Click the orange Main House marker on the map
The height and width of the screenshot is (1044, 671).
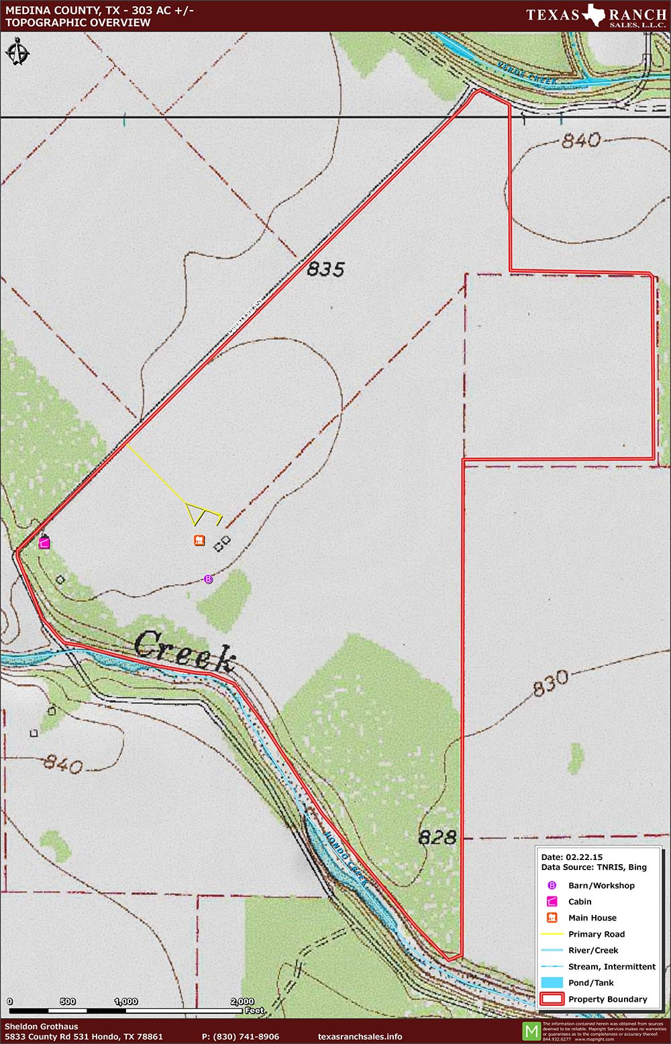click(199, 540)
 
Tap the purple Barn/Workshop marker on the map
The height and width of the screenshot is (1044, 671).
click(208, 579)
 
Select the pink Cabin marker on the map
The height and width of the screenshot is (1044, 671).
click(44, 543)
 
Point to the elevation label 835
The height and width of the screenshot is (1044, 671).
click(325, 269)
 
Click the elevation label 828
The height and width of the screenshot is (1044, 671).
click(437, 837)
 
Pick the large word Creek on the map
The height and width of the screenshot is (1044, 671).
click(185, 650)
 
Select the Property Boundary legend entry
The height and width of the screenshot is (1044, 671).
click(607, 999)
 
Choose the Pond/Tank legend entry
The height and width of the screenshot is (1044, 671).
click(590, 983)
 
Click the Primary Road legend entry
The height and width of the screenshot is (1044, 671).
click(596, 934)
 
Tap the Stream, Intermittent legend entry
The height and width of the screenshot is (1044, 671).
click(611, 967)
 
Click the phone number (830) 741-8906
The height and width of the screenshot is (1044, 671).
click(240, 1037)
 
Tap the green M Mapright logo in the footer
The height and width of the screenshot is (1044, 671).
click(531, 1031)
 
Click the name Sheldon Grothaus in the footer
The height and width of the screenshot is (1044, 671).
click(41, 1027)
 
